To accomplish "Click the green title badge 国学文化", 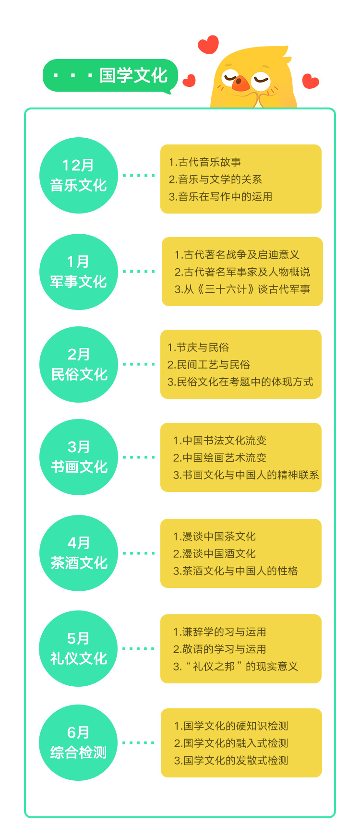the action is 110,75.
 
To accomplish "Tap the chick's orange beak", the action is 240,84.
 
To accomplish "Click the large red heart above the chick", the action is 208,45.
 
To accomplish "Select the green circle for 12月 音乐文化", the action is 79,176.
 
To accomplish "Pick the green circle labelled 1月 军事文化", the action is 79,272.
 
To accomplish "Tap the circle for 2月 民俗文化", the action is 79,364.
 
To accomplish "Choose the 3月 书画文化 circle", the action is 79,457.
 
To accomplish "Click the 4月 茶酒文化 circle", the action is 79,553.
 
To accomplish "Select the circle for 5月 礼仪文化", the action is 79,648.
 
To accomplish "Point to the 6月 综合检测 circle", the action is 79,742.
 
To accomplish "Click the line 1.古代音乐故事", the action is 205,162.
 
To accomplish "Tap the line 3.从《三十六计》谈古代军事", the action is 242,289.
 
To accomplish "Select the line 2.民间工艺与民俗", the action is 209,365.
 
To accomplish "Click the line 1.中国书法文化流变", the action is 220,441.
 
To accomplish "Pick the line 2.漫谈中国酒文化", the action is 215,554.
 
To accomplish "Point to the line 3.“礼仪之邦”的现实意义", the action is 236,667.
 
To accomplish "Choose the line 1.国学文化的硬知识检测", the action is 231,726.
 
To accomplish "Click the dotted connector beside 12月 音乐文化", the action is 139,176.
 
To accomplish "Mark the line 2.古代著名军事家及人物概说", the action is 242,272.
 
